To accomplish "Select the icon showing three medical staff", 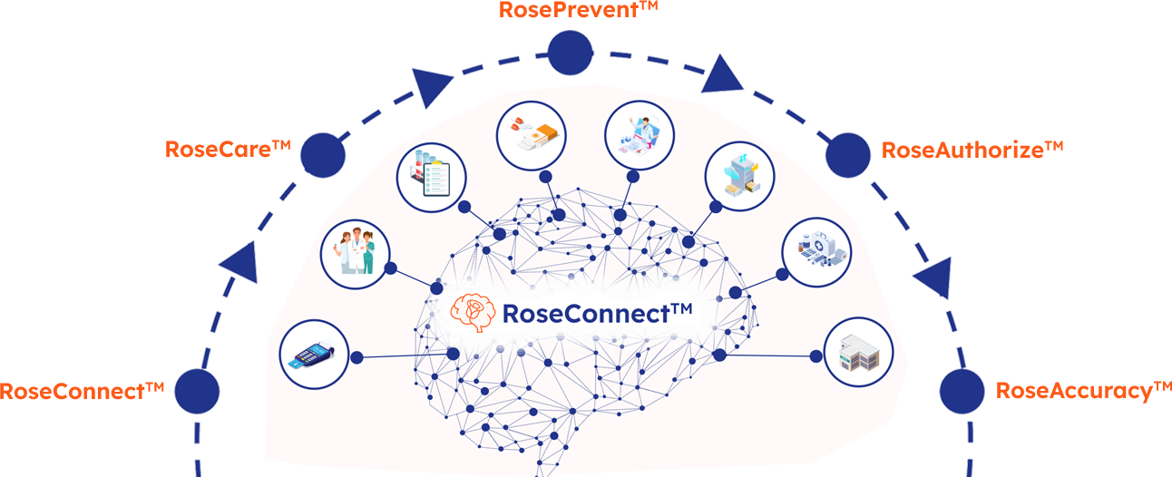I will (x=355, y=252).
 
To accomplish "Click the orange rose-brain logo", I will (x=473, y=311).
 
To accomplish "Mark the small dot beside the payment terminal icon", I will (x=357, y=356).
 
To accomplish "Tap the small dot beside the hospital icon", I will (x=813, y=354).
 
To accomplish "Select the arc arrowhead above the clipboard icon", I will (x=432, y=85).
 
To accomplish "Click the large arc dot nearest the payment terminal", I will (x=197, y=392).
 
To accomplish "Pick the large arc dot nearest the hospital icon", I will (x=962, y=392).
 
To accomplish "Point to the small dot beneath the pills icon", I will (x=545, y=176).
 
